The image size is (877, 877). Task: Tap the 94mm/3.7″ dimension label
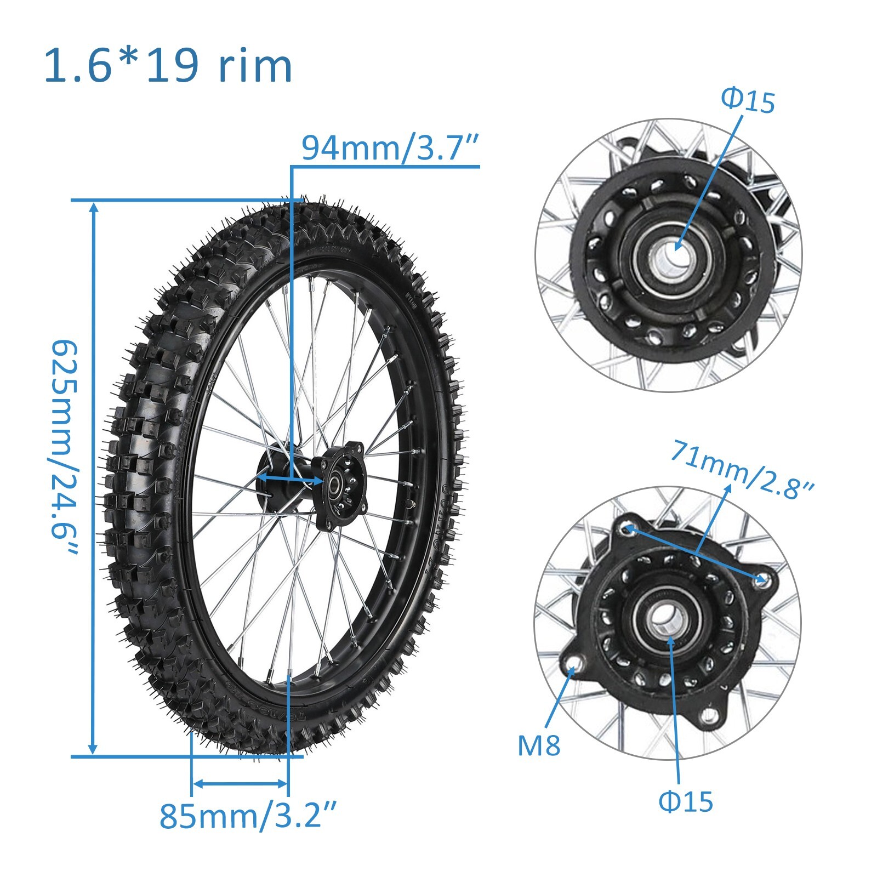tap(391, 148)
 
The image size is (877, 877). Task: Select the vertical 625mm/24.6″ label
tap(65, 447)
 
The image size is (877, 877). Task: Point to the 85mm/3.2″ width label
tap(247, 815)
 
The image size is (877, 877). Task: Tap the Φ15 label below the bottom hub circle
tap(685, 801)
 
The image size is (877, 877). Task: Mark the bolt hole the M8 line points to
tap(573, 668)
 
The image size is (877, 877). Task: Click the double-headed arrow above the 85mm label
tap(240, 784)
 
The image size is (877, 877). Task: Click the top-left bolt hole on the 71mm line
tap(628, 528)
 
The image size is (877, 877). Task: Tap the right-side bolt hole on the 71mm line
tap(761, 578)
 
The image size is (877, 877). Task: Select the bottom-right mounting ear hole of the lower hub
tap(710, 714)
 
